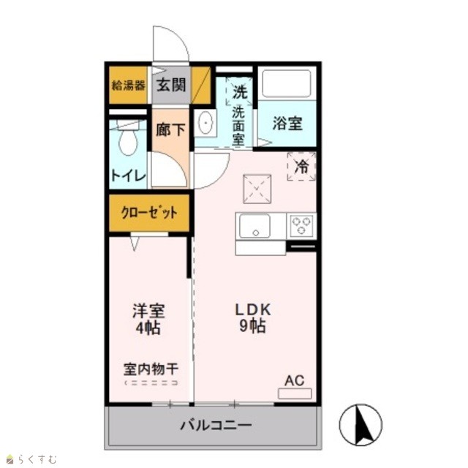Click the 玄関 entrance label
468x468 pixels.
point(171,85)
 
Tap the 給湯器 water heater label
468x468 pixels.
point(129,86)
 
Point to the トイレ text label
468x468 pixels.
point(129,175)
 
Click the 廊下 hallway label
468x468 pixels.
point(170,129)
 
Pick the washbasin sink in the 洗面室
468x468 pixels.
point(205,123)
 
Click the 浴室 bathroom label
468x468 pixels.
point(287,123)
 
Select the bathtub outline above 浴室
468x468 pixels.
point(287,83)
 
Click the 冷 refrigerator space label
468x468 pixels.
point(301,167)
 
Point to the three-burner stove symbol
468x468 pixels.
point(301,225)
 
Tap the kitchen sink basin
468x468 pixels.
point(254,226)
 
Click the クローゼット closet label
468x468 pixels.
point(149,213)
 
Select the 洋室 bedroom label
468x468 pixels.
point(148,311)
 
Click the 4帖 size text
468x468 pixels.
point(148,328)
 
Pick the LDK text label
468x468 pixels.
point(253,309)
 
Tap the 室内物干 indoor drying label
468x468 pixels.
point(151,369)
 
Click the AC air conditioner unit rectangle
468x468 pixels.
point(295,393)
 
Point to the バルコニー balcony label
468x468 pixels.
point(216,425)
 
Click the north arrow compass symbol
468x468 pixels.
point(361,425)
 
